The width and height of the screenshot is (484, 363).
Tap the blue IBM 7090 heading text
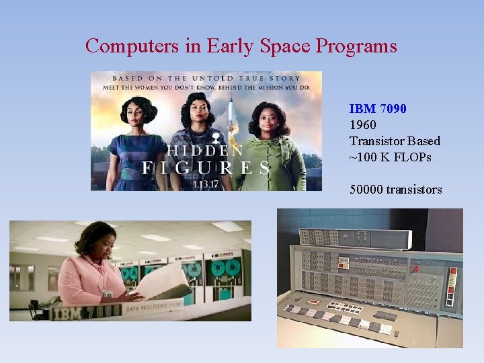[377, 108]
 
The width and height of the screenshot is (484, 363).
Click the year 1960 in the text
[363, 124]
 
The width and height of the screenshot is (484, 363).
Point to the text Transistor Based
[395, 140]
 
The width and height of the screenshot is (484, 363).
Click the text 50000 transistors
[395, 190]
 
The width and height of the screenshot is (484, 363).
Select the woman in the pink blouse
[91, 269]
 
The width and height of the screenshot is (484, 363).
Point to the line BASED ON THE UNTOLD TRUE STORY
[206, 78]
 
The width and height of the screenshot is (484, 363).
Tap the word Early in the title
[230, 46]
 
